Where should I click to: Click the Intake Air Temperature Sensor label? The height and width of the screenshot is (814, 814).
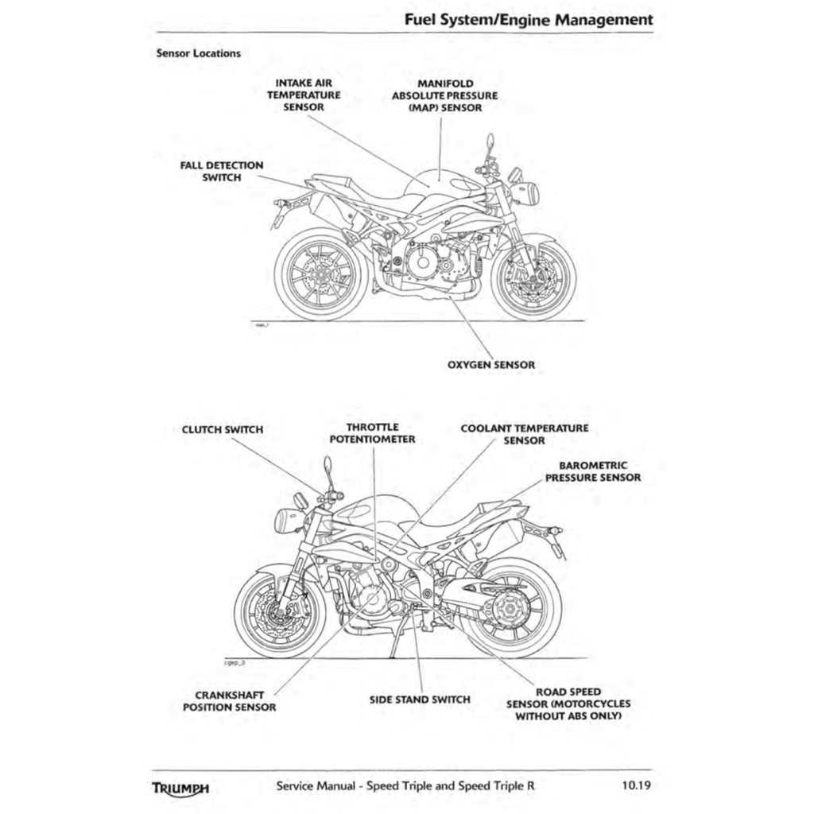pyautogui.click(x=303, y=95)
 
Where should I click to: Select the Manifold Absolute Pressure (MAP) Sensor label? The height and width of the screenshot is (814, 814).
pyautogui.click(x=445, y=95)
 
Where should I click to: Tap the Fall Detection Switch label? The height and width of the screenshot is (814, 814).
pyautogui.click(x=221, y=171)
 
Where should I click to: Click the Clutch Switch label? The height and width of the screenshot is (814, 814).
pyautogui.click(x=222, y=429)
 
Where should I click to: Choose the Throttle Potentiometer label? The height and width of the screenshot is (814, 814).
pyautogui.click(x=373, y=432)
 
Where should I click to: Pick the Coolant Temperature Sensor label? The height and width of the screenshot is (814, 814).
pyautogui.click(x=525, y=433)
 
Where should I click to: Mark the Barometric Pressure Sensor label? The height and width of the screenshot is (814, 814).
pyautogui.click(x=593, y=471)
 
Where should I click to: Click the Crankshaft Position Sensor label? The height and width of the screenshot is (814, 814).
pyautogui.click(x=230, y=700)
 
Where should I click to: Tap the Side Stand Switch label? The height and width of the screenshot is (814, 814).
pyautogui.click(x=420, y=700)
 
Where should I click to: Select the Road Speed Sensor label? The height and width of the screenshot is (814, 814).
pyautogui.click(x=568, y=704)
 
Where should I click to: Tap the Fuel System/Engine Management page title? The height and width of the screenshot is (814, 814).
pyautogui.click(x=529, y=19)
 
